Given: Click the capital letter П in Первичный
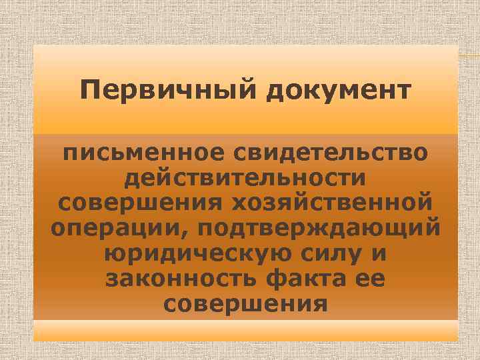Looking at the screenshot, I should pyautogui.click(x=87, y=89).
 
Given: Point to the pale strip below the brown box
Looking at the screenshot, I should pyautogui.click(x=245, y=330).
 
